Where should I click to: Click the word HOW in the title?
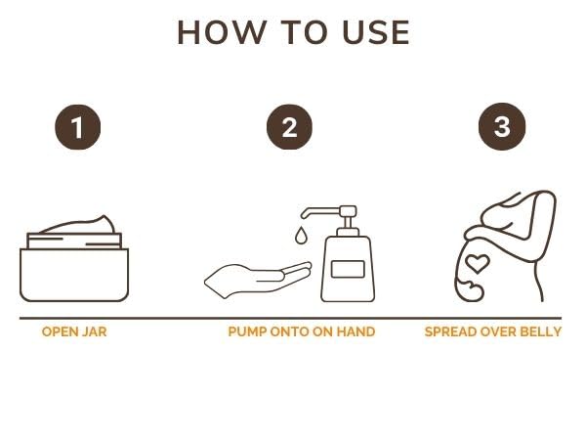click(x=222, y=33)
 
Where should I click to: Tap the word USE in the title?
click(x=376, y=33)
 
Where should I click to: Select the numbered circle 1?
click(x=78, y=127)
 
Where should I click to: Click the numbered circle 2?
click(x=289, y=127)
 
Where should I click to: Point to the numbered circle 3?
click(x=502, y=126)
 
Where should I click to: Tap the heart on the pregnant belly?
click(x=478, y=263)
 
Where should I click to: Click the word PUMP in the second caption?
click(x=247, y=331)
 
